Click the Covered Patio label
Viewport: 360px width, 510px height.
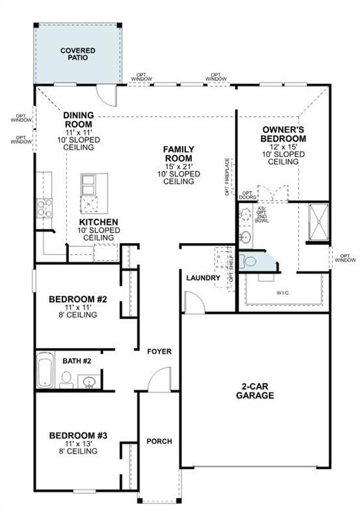[x=78, y=54]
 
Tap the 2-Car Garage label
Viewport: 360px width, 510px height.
[x=254, y=391]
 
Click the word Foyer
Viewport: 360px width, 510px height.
[x=159, y=351]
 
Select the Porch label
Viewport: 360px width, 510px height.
[x=159, y=441]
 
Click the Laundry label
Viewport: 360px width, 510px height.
[x=203, y=278]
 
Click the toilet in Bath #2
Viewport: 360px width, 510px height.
[x=66, y=379]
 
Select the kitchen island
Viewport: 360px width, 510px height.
[x=91, y=193]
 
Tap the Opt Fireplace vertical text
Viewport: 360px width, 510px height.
[x=227, y=177]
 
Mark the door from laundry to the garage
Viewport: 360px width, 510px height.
[x=193, y=303]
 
